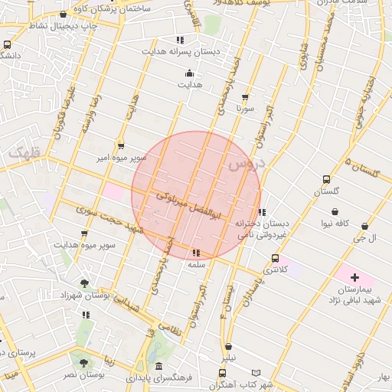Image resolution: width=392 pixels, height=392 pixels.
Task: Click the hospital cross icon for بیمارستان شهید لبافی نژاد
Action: point(354,276)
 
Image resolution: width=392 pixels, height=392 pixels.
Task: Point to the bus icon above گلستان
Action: point(327,180)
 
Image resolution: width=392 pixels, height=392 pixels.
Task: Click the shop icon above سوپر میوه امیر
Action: point(121,145)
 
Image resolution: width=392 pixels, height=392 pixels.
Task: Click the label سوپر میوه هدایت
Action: point(84,244)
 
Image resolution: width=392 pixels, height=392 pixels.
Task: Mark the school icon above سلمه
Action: point(196,252)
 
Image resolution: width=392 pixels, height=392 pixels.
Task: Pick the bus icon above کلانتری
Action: point(276,258)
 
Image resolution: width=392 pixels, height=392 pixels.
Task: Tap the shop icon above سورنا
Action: point(245,97)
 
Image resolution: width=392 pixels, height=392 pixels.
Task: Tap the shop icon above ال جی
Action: point(364,227)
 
